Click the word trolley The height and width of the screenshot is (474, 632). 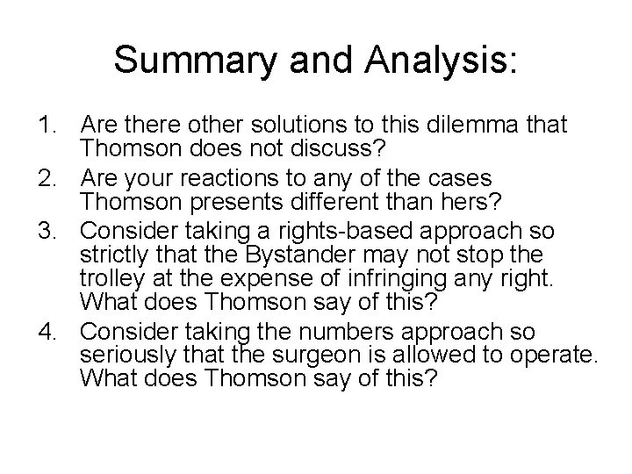coord(109,279)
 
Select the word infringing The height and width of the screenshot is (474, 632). coord(403,279)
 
